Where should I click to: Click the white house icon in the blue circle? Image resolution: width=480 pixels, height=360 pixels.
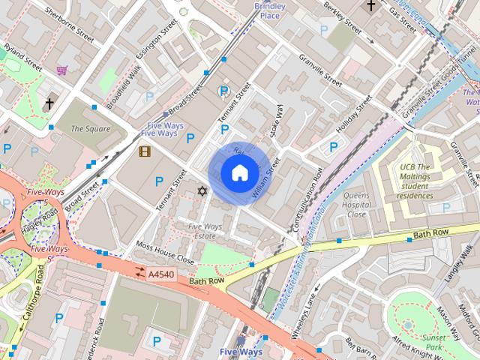coord(238,173)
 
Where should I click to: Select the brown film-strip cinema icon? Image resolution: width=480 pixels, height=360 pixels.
coord(144,151)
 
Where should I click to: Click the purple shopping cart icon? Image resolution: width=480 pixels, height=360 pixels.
coord(61,70)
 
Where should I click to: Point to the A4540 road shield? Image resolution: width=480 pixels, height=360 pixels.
coord(158,274)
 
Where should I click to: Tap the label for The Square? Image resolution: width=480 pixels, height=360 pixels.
coord(90,129)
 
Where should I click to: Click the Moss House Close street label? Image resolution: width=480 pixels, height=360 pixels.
coord(165,253)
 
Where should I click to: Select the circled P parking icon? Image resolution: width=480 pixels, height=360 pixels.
coord(223,91)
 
